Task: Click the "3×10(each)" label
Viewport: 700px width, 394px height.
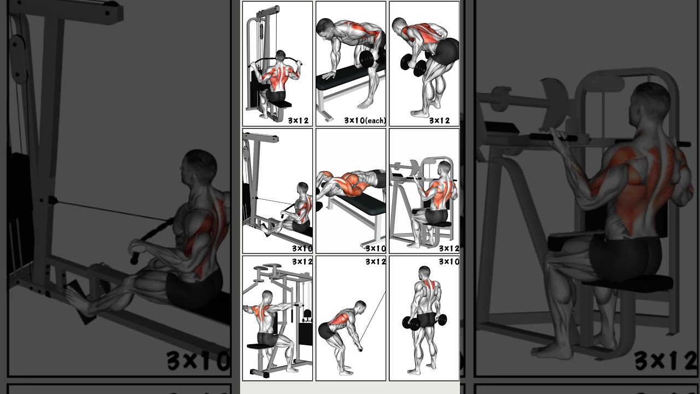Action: [365, 120]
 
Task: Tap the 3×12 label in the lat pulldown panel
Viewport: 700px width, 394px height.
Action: [299, 120]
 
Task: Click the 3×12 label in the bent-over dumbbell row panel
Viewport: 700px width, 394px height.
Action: [439, 120]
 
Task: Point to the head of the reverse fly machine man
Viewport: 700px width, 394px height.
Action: [267, 298]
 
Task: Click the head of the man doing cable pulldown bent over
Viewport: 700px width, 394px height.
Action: [359, 306]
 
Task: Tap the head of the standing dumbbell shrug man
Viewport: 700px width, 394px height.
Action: [424, 272]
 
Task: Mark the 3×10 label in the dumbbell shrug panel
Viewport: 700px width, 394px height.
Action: [449, 262]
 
